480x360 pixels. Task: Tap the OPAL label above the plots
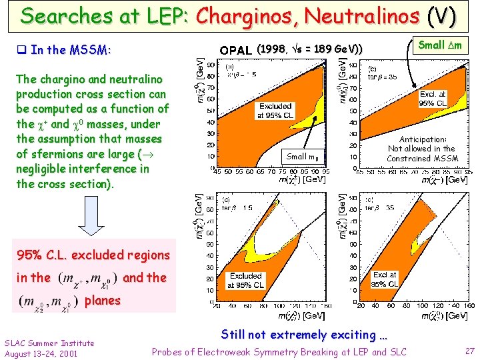coord(236,50)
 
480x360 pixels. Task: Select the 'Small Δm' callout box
coord(439,45)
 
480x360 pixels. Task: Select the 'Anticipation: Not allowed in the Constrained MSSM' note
coord(423,149)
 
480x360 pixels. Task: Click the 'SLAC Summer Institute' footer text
coord(49,343)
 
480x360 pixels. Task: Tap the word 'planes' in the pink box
coord(102,300)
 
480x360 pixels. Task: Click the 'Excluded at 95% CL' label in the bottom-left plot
coord(245,280)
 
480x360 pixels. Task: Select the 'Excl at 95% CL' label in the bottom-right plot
coord(384,279)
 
